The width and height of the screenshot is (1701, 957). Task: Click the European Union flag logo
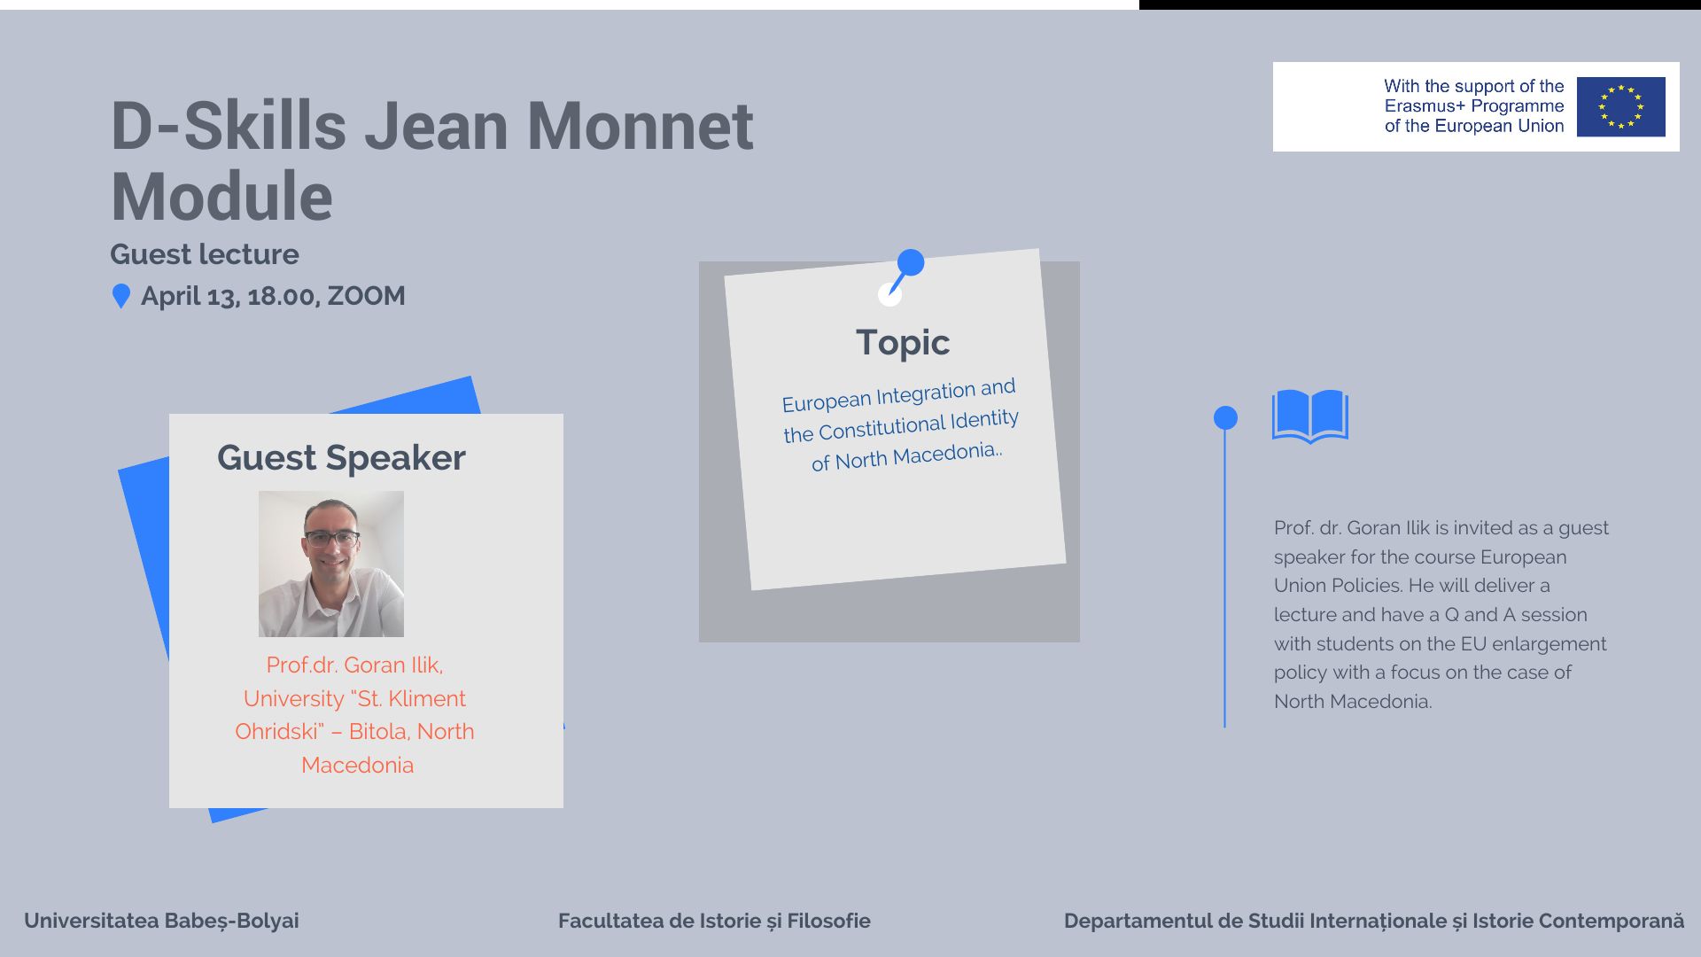click(1620, 106)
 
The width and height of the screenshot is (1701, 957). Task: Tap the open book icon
click(1310, 416)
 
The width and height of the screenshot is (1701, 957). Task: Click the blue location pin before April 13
click(121, 296)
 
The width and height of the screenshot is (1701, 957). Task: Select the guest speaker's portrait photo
click(331, 564)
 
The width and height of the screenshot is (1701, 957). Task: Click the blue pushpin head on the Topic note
click(911, 262)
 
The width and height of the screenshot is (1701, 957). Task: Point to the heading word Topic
click(903, 343)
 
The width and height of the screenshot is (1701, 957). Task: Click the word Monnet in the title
click(640, 126)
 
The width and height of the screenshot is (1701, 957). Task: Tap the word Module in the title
click(221, 197)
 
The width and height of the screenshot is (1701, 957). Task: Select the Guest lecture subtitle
click(205, 254)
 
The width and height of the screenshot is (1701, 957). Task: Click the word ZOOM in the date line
click(366, 296)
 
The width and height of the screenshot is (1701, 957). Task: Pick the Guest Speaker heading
click(341, 458)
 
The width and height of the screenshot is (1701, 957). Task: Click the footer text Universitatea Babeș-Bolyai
click(161, 921)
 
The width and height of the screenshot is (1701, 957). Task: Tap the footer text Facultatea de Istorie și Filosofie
click(714, 921)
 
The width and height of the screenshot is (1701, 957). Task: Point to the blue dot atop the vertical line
click(1225, 417)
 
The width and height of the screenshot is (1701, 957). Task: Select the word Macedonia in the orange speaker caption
click(357, 765)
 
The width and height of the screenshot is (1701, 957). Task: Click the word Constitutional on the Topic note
click(882, 427)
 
